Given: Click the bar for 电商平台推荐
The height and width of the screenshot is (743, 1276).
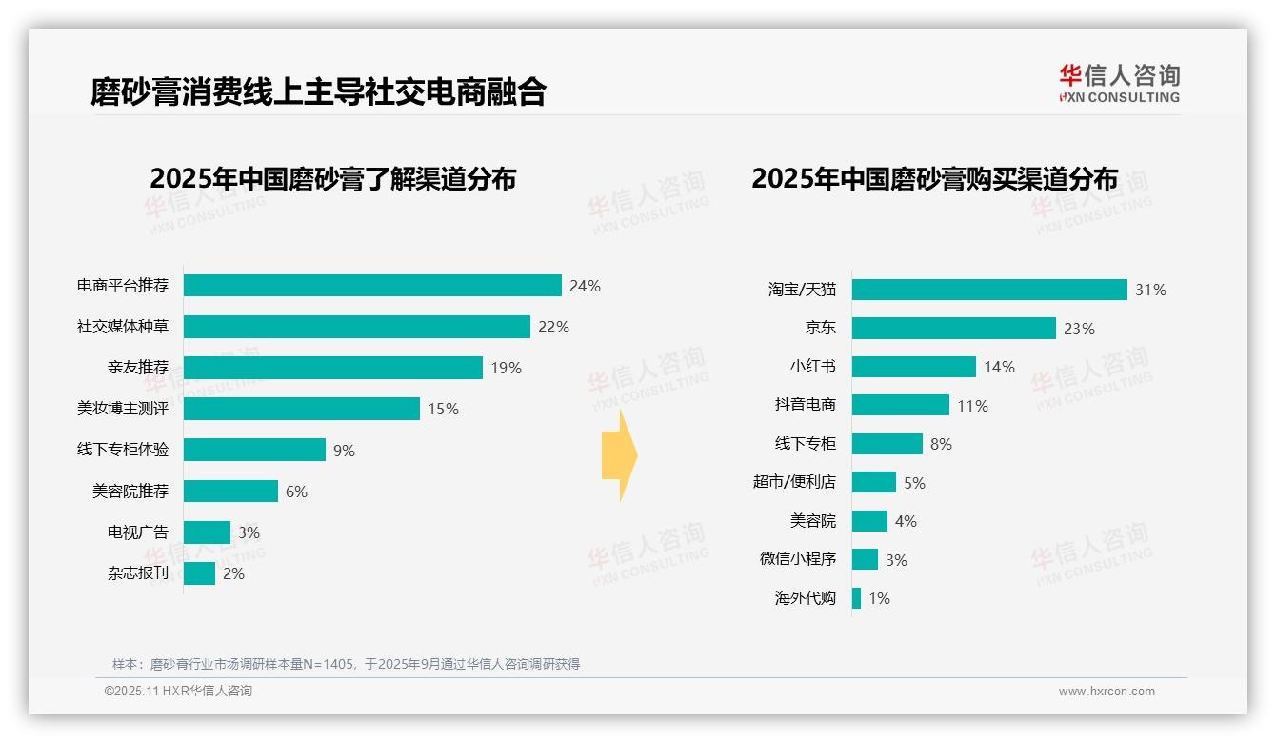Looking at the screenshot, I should [372, 286].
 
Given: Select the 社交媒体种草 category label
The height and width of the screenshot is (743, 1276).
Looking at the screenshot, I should [123, 327].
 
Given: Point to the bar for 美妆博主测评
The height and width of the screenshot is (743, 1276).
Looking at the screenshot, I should [302, 409].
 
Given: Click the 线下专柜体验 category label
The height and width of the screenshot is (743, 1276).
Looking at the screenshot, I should [123, 450].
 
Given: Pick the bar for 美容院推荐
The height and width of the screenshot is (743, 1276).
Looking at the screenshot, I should [230, 491].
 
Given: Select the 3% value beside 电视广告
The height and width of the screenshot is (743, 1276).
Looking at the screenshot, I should [249, 532].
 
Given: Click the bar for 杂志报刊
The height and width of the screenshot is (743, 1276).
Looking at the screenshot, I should [199, 573].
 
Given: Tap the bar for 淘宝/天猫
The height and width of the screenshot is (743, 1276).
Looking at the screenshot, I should [989, 290].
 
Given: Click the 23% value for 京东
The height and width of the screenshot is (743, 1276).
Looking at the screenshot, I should [1079, 329].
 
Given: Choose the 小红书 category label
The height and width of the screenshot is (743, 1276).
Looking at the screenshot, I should [812, 367].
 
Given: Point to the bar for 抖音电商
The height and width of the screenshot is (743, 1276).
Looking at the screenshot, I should [900, 405].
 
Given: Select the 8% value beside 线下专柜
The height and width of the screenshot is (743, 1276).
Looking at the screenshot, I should [941, 444].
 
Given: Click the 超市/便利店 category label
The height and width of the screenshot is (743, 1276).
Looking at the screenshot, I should [794, 482].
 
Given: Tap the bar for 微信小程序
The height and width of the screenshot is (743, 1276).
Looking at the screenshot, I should [865, 559].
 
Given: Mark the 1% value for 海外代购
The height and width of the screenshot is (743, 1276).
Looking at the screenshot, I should [879, 599].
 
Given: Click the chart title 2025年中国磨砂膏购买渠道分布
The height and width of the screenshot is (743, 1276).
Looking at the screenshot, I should [934, 179].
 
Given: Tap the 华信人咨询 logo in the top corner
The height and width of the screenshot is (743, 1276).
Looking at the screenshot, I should [1119, 83].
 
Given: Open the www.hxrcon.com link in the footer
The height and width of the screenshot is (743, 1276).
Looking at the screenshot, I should [1106, 692].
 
